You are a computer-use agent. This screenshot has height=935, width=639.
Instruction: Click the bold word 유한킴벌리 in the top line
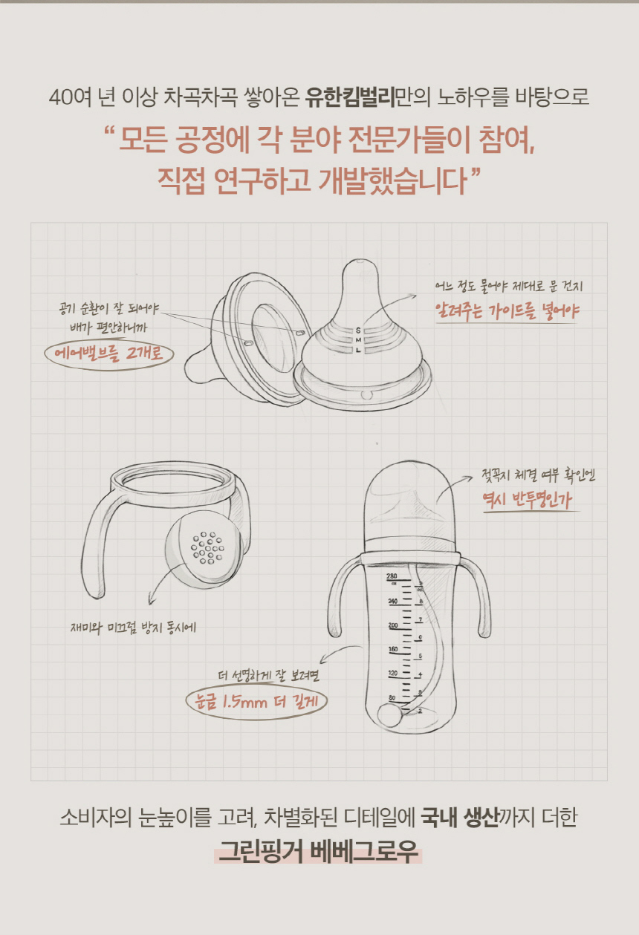coord(349,97)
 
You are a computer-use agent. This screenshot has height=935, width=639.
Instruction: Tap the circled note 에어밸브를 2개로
coord(109,354)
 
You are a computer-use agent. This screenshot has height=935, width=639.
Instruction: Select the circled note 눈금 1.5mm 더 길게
coord(256,701)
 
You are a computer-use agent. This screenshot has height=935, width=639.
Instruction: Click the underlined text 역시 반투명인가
coord(528,499)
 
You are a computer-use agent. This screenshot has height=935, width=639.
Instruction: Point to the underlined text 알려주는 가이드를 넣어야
coord(507,310)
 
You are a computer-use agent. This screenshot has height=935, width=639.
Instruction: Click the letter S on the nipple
coord(358,330)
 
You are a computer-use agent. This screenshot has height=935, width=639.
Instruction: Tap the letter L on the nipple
coord(358,351)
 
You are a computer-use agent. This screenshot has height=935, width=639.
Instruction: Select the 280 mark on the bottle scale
coord(392,576)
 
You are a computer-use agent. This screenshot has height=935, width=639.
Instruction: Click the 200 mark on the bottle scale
coord(393,625)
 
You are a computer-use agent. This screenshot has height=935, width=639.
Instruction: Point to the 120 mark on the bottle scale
coord(392,673)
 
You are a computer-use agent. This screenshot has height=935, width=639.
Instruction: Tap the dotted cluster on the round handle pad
coord(207,548)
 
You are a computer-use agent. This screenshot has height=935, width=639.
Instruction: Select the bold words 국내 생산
coord(459,818)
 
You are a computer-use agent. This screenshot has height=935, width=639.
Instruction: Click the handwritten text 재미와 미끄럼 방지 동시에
coord(133,628)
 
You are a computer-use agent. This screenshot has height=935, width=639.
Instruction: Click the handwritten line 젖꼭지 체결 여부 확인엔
coord(538,476)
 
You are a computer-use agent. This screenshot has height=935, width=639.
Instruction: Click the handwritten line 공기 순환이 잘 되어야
coord(109,308)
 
